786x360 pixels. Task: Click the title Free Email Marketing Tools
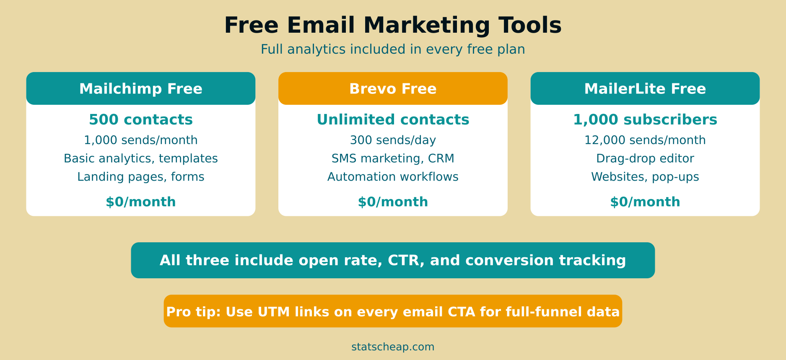[393, 25]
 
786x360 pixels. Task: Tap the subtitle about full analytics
[393, 49]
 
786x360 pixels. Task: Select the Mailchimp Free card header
[141, 88]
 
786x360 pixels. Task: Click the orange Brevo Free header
[393, 88]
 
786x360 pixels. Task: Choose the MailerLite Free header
[645, 88]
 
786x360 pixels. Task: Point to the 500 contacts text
[141, 120]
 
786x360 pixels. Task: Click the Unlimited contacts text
[393, 120]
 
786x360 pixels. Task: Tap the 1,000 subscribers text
[645, 120]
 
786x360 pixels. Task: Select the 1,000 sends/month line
[141, 140]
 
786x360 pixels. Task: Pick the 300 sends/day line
[393, 140]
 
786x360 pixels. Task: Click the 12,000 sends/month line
[645, 140]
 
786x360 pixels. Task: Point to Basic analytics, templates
[141, 158]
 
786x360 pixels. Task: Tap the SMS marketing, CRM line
[393, 158]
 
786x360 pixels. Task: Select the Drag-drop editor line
[645, 158]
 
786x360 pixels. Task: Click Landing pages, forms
[141, 177]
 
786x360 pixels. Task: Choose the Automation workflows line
[393, 177]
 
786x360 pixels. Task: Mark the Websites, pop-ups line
[645, 177]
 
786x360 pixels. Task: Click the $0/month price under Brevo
[393, 202]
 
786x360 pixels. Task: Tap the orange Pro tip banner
[393, 311]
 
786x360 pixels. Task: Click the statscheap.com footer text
[393, 347]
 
